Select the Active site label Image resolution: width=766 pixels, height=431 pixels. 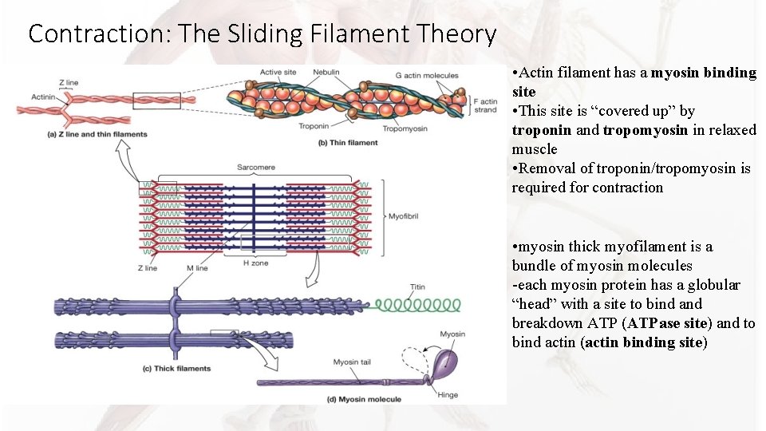(278, 73)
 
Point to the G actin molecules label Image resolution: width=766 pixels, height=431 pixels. (427, 74)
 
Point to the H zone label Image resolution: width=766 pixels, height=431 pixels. (255, 263)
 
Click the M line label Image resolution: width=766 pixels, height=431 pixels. (196, 268)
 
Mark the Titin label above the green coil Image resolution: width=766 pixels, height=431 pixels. (417, 287)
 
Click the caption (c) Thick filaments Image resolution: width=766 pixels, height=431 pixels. (177, 368)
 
